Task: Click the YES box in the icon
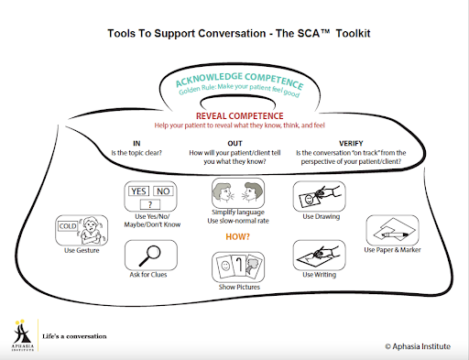tap(139, 191)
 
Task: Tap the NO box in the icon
tap(163, 191)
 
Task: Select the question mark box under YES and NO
tap(150, 204)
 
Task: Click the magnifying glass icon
tap(150, 256)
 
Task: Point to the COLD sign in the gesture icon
tap(68, 226)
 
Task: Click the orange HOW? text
tap(237, 236)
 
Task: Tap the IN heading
tap(136, 143)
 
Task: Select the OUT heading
tap(234, 143)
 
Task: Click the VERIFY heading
tap(351, 143)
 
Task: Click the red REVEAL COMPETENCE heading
tap(240, 116)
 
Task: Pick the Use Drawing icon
tap(320, 196)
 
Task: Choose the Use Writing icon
tap(320, 255)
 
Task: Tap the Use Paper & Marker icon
tap(392, 230)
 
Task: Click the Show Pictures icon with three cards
tap(238, 267)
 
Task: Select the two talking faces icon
tap(238, 193)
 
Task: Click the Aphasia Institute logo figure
tap(22, 332)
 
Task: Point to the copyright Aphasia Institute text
tap(418, 346)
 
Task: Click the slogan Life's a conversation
tap(74, 336)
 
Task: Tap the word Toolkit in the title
tap(353, 33)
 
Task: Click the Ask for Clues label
tap(148, 275)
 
